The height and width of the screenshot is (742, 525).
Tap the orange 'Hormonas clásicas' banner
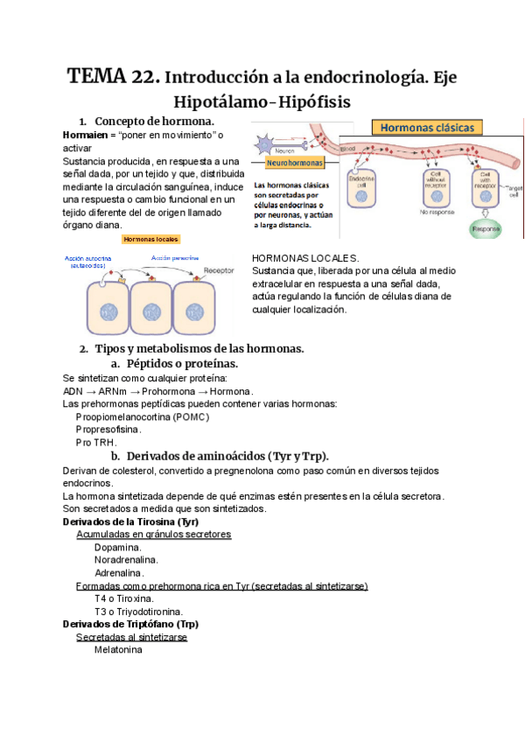(427, 127)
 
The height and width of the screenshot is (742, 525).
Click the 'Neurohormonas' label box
(290, 162)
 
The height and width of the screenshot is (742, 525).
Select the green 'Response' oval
(486, 230)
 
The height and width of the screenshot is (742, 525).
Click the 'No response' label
(434, 212)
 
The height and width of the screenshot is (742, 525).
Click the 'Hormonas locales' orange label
(150, 239)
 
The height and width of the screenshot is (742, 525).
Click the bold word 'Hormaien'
(85, 136)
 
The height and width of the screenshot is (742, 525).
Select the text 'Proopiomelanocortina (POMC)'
(143, 417)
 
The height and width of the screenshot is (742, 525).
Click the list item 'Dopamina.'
(118, 547)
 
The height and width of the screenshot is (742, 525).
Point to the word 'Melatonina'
(118, 650)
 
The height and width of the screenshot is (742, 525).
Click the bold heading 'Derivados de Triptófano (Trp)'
(131, 624)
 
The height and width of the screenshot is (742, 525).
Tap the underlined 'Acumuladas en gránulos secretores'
(154, 534)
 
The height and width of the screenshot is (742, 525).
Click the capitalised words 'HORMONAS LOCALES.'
(304, 258)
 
